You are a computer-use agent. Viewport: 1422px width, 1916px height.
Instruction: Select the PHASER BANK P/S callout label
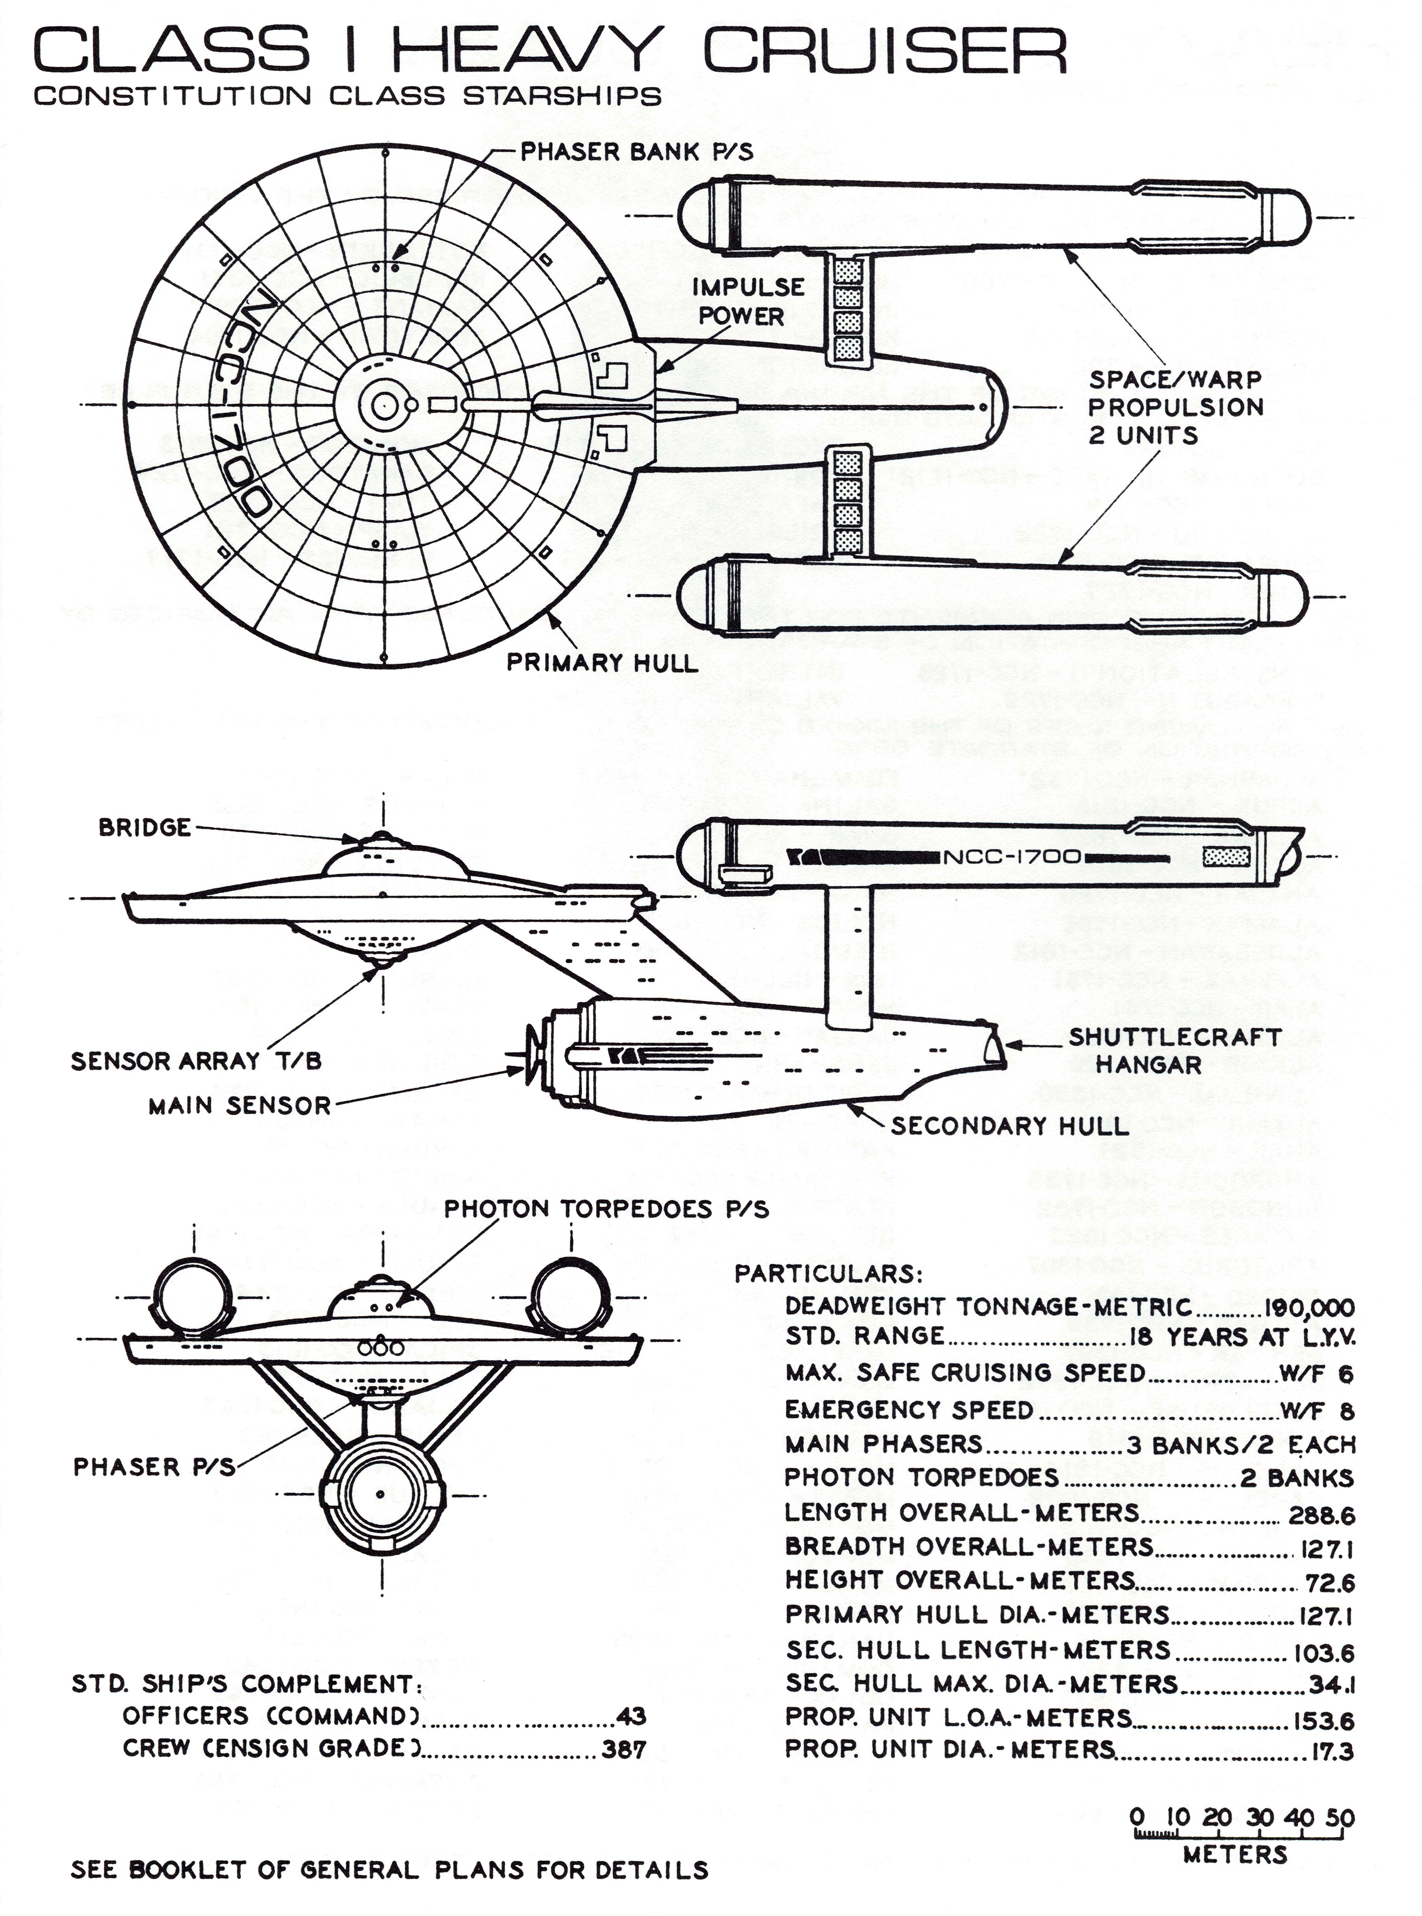tap(636, 153)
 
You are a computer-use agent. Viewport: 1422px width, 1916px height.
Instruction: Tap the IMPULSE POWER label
tap(747, 301)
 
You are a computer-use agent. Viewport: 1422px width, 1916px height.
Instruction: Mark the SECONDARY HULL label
tap(1009, 1126)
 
